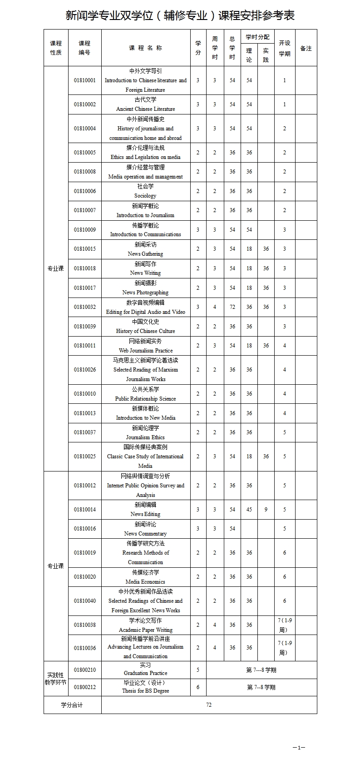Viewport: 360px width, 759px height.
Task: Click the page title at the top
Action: pos(180,15)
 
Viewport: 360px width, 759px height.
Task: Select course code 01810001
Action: pos(85,80)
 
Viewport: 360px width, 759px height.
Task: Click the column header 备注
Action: pos(306,48)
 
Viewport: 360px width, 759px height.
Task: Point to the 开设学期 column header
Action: pos(285,48)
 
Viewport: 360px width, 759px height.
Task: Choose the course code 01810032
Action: pos(85,307)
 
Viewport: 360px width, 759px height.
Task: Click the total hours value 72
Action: pos(232,307)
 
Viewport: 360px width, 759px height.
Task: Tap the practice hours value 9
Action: pos(266,510)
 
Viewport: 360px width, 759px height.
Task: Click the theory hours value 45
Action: pos(249,510)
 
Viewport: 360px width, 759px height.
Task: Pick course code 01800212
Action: pos(85,687)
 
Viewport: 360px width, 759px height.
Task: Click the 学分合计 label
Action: pos(72,705)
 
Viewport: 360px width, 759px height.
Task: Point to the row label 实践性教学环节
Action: pos(56,679)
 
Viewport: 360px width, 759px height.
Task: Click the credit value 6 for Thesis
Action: pos(198,687)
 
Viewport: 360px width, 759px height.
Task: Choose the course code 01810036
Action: pos(85,648)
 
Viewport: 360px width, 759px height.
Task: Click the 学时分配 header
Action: pos(257,37)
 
